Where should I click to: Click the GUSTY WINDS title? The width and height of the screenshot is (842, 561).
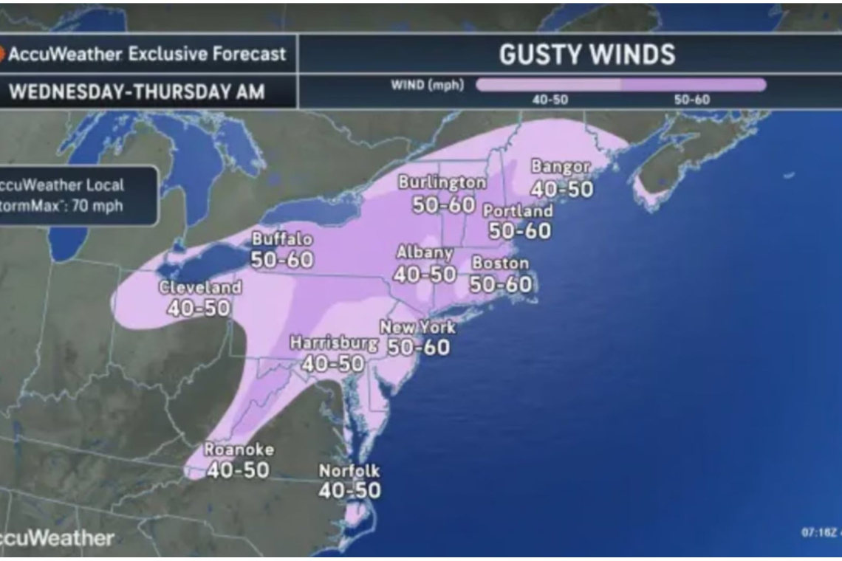click(x=586, y=54)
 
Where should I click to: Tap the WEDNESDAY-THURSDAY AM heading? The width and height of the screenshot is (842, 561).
click(x=137, y=92)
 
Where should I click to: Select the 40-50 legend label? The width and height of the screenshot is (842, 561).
click(x=550, y=100)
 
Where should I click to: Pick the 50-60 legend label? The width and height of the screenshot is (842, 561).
click(x=691, y=100)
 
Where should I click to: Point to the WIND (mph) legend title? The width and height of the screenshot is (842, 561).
click(x=428, y=86)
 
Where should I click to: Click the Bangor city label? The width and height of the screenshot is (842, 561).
click(x=561, y=168)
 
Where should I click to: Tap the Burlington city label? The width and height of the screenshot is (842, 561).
click(x=442, y=182)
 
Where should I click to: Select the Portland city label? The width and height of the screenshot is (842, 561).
click(x=518, y=211)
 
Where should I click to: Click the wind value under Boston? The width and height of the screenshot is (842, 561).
click(x=500, y=283)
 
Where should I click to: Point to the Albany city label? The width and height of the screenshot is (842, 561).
click(x=424, y=253)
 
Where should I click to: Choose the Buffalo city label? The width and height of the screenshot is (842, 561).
click(x=282, y=239)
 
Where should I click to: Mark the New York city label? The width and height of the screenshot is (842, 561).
click(x=417, y=327)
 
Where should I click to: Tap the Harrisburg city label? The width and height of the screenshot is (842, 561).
click(x=334, y=343)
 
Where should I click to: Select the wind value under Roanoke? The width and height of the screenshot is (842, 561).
click(x=238, y=469)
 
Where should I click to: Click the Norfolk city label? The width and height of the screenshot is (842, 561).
click(x=349, y=470)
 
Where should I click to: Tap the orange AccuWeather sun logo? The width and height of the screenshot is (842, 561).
click(x=2, y=54)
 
